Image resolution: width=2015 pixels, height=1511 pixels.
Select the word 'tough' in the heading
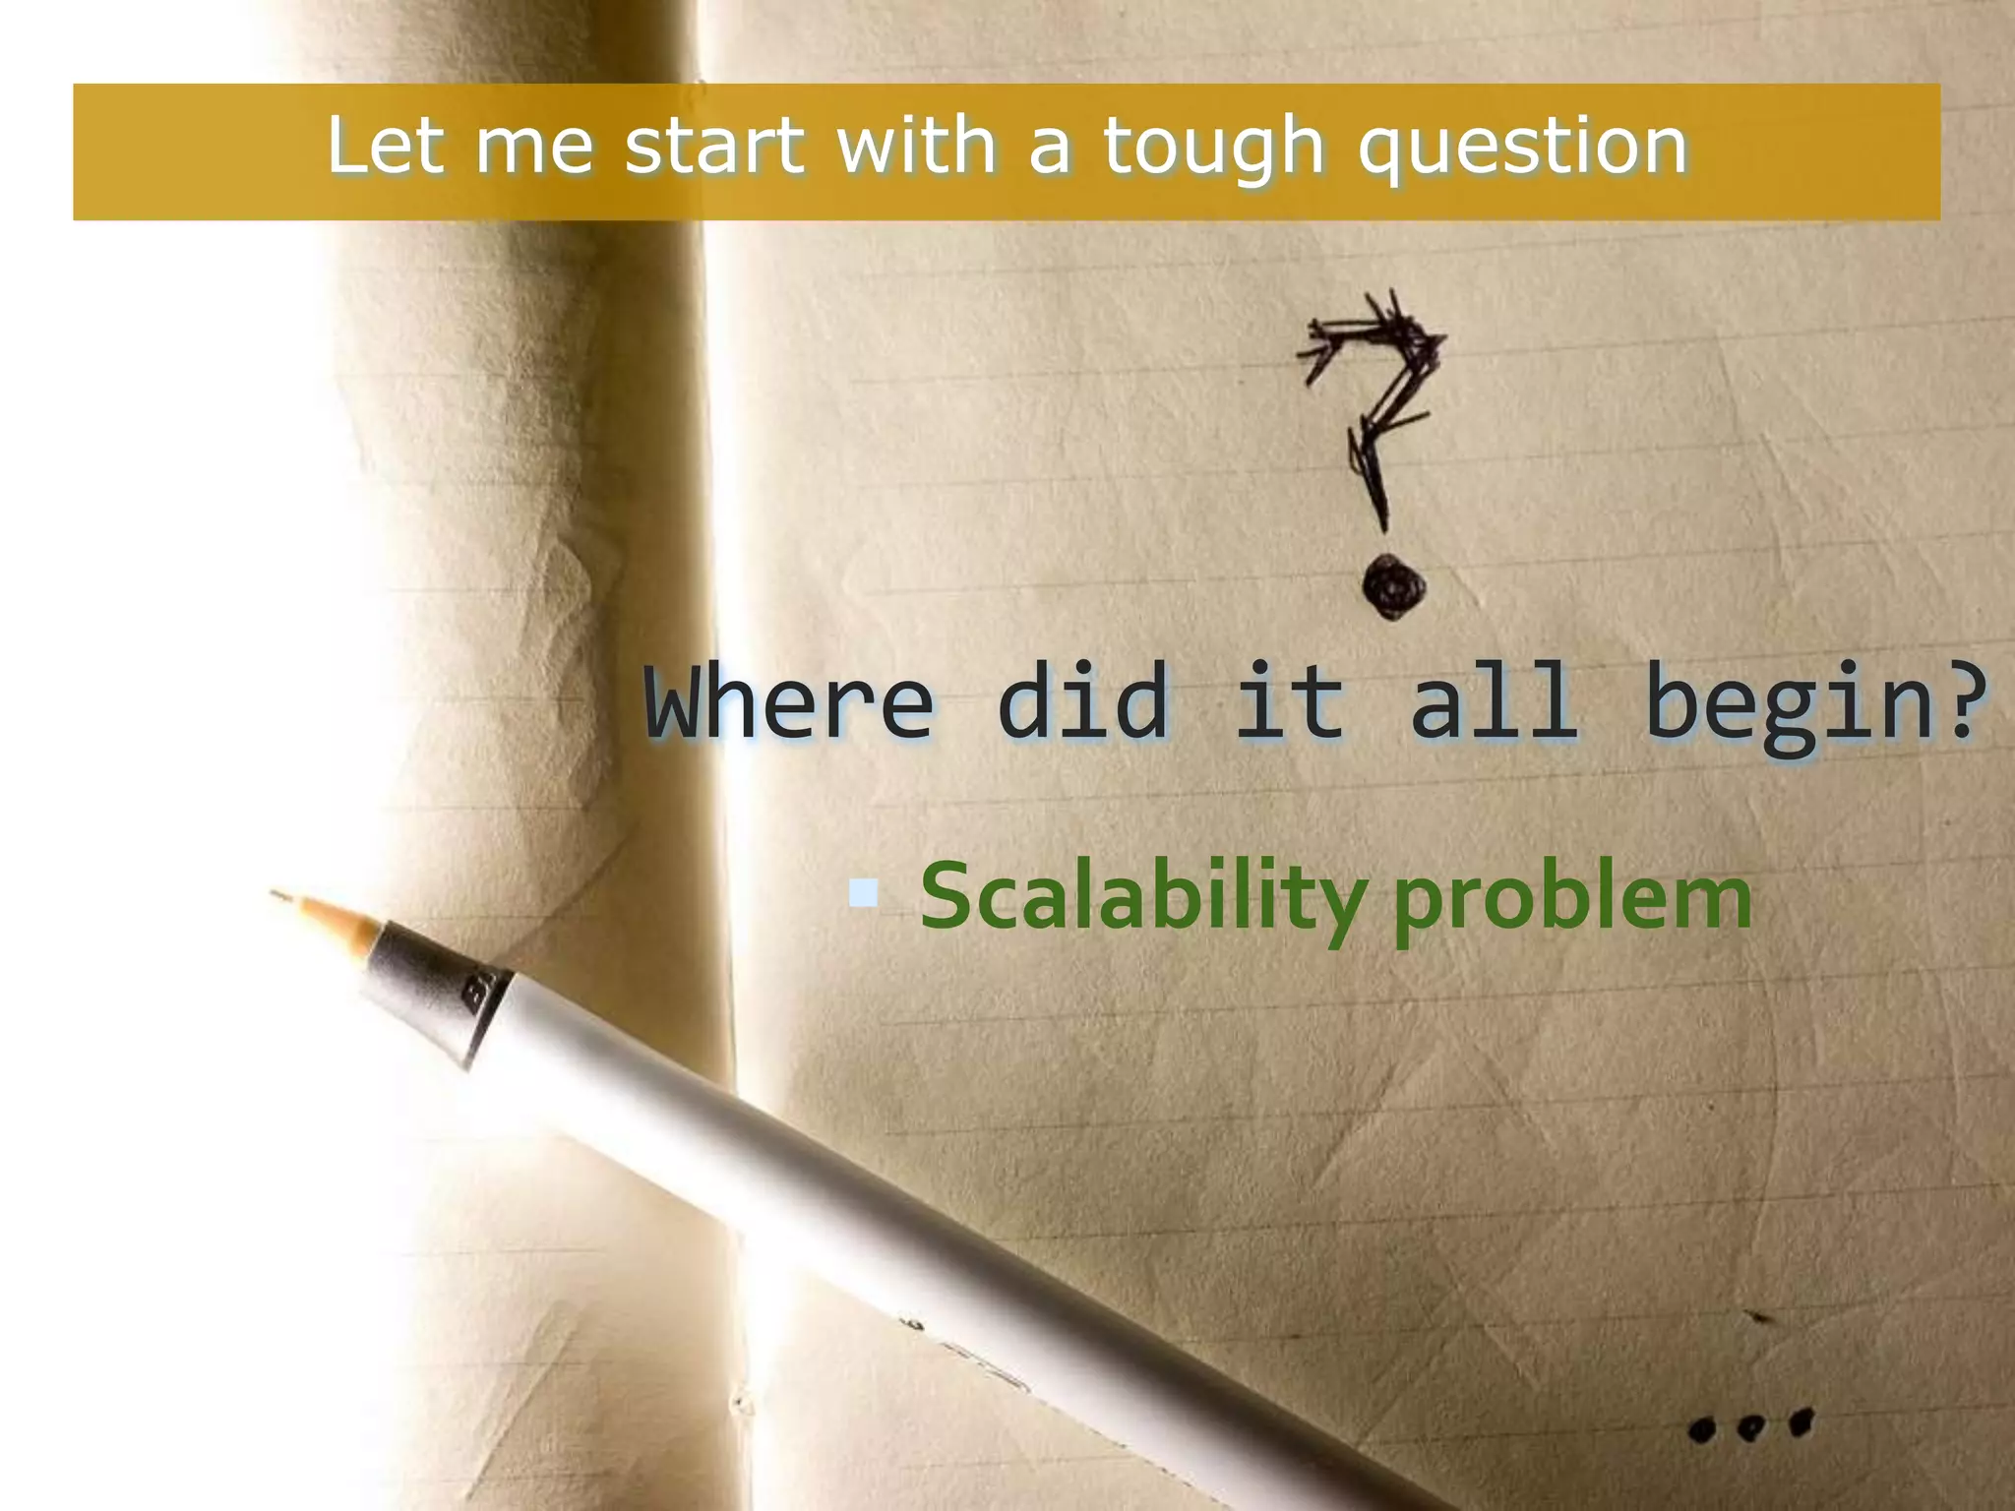pyautogui.click(x=1212, y=148)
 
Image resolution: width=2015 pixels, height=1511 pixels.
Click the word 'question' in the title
pyautogui.click(x=1522, y=148)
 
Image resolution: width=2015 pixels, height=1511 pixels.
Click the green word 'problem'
pyautogui.click(x=1572, y=900)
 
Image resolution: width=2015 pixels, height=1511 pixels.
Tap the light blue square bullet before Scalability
pyautogui.click(x=863, y=893)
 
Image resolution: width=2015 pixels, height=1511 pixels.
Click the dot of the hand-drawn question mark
pyautogui.click(x=1393, y=587)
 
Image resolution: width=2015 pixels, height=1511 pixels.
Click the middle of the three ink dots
pyautogui.click(x=1748, y=1427)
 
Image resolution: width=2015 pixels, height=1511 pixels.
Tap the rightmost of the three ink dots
pyautogui.click(x=1801, y=1422)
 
